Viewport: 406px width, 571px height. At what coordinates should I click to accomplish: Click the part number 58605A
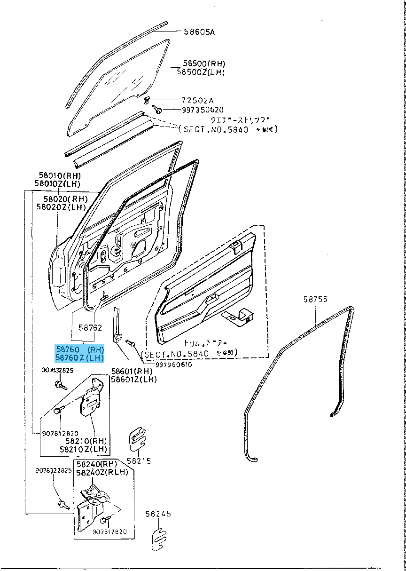click(x=199, y=32)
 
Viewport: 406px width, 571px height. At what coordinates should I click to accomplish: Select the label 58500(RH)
click(x=204, y=64)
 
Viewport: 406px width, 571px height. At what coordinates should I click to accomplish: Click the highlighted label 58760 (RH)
click(x=79, y=349)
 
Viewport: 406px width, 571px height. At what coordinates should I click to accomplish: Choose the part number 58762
click(x=90, y=327)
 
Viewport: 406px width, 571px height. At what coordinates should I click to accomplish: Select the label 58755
click(x=315, y=299)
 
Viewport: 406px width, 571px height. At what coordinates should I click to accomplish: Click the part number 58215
click(x=139, y=461)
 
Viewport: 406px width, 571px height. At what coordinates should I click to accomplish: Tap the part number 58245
click(x=158, y=514)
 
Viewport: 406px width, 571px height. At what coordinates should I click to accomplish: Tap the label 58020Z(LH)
click(x=61, y=207)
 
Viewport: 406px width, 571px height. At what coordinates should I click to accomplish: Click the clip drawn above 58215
click(x=136, y=440)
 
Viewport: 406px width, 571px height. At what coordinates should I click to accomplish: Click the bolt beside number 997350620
click(x=158, y=109)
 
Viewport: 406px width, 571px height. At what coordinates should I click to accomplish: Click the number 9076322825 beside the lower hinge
click(x=54, y=470)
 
